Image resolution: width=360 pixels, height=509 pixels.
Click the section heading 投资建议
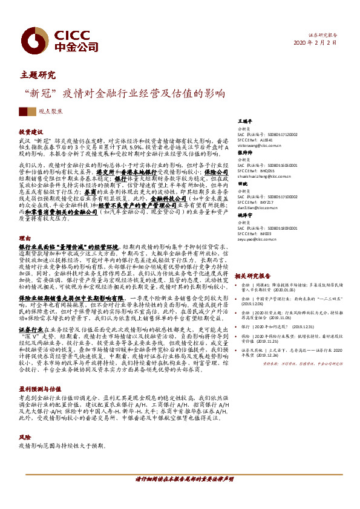31,131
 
